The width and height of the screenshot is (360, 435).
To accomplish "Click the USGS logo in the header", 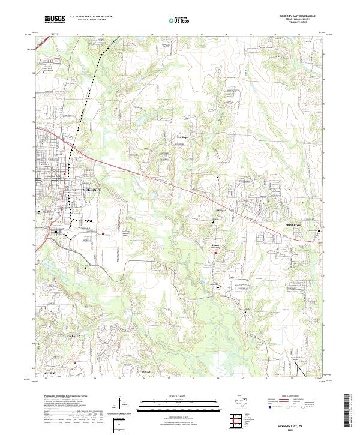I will coord(54,20).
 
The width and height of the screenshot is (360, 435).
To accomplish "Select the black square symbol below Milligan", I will coord(213,221).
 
